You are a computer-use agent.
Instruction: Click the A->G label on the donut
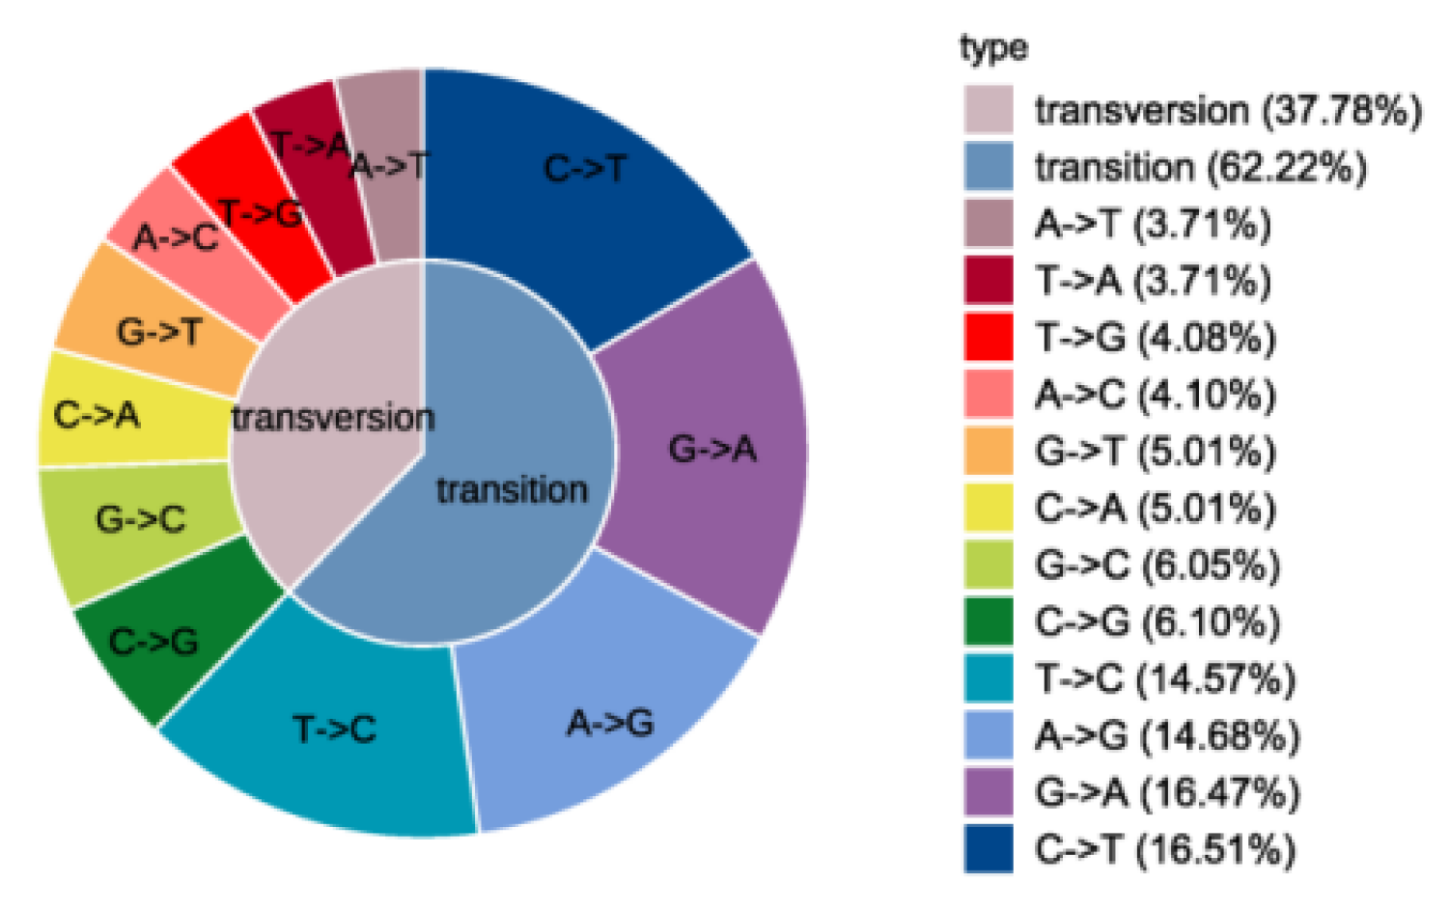pos(610,722)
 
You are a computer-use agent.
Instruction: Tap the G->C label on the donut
pos(140,520)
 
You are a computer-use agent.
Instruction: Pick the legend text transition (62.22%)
pos(1201,167)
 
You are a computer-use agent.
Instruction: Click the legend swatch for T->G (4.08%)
pos(989,337)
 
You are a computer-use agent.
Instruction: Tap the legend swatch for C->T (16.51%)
pos(989,848)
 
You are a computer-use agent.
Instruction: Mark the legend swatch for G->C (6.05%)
pos(989,565)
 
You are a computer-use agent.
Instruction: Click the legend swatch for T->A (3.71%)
pos(989,280)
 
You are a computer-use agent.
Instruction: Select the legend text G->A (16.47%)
pos(1167,792)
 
